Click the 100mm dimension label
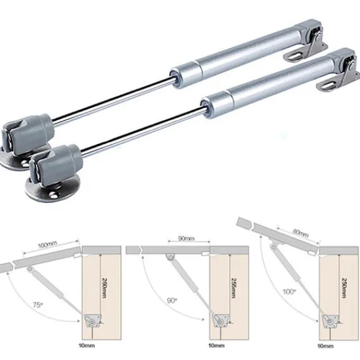(x=47, y=245)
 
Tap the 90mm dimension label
(x=187, y=239)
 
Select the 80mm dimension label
(x=301, y=233)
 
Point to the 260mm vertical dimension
(x=104, y=288)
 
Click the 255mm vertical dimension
(x=233, y=288)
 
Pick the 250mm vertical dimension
(x=344, y=288)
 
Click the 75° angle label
(x=38, y=305)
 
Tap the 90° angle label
(x=172, y=301)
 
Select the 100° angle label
(x=289, y=292)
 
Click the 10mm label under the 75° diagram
(x=86, y=346)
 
